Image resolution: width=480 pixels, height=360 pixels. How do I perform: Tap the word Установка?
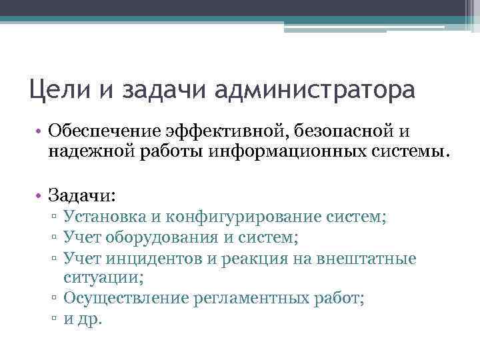101,217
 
